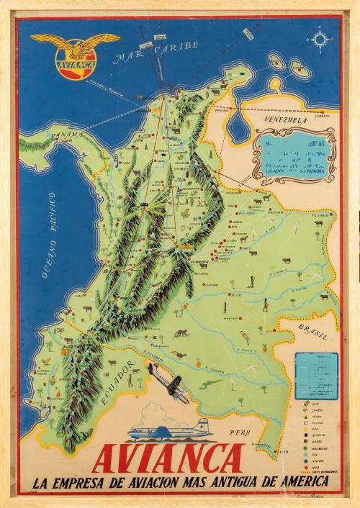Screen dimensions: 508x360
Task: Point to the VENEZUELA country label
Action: [286, 122]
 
